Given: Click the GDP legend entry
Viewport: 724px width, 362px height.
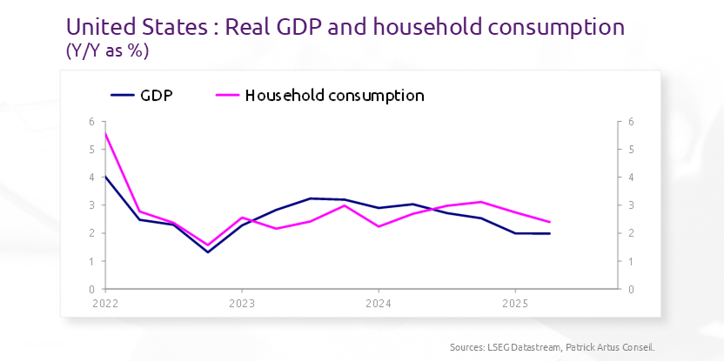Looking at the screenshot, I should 156,95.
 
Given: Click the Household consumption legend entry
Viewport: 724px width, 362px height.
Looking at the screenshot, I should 334,95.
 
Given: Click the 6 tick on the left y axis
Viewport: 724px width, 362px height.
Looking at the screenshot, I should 90,122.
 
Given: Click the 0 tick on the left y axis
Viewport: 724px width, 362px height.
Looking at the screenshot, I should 90,289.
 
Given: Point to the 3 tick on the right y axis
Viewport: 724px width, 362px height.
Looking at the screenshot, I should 630,205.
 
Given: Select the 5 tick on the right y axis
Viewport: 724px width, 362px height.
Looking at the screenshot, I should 630,150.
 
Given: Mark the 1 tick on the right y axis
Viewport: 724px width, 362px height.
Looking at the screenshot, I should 630,261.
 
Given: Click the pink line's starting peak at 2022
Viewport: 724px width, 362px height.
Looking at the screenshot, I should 105,133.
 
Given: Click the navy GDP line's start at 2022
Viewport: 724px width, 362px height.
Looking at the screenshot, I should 105,177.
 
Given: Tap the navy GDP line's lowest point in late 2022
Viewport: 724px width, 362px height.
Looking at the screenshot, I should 208,252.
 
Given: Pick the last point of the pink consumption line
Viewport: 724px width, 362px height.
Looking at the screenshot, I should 549,222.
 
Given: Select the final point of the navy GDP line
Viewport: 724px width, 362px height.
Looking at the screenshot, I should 549,233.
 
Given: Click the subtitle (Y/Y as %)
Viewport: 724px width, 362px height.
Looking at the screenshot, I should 107,51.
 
